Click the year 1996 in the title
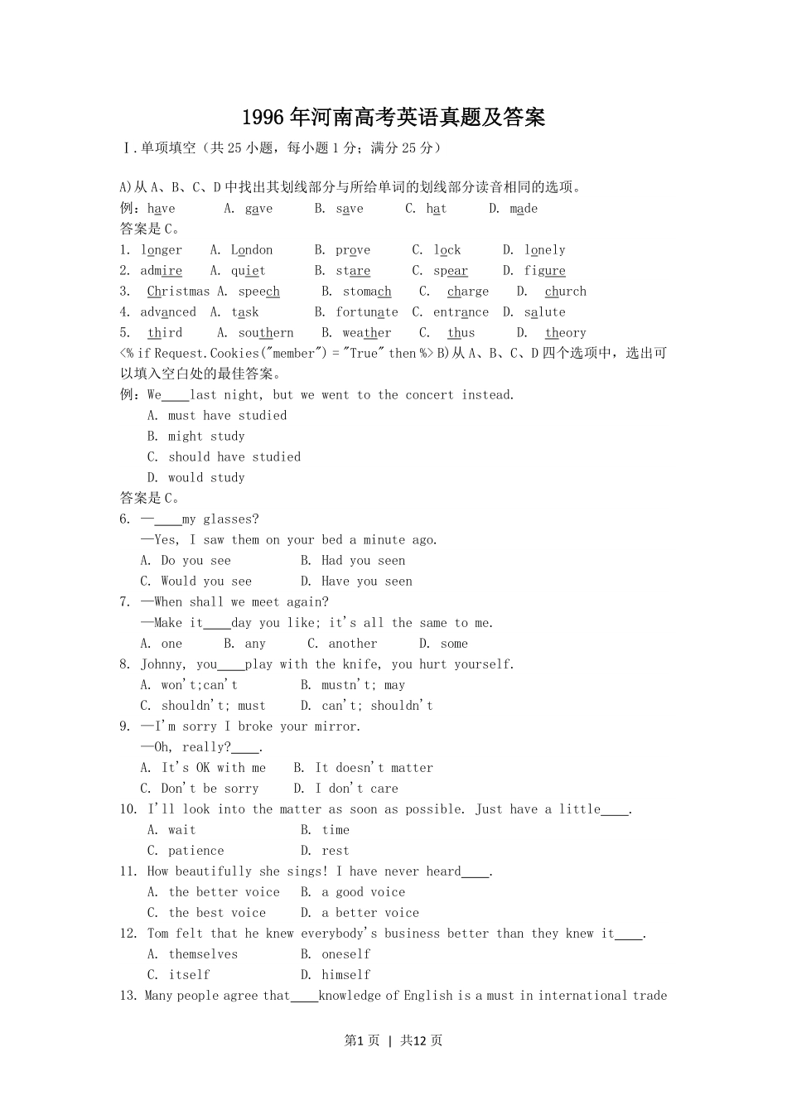coord(263,118)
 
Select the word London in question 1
coord(252,250)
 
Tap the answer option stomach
coord(367,292)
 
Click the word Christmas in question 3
coord(178,292)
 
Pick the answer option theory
coord(566,333)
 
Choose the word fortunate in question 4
coord(367,312)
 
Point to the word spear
coord(451,271)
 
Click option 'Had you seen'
coord(363,561)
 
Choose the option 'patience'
coord(196,851)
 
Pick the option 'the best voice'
coord(217,913)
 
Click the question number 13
coord(128,996)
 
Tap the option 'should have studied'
coord(234,457)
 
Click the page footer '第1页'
coord(361,1040)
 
